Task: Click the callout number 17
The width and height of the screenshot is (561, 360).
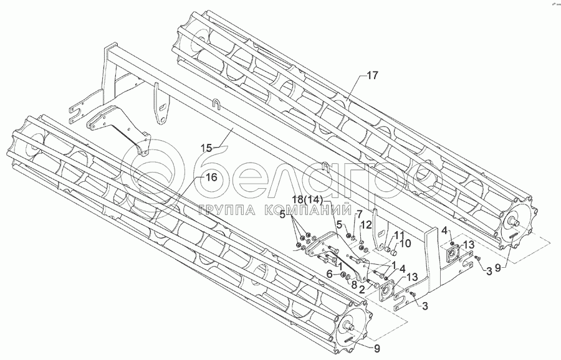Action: [372, 76]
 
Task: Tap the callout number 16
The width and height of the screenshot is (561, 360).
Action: [211, 177]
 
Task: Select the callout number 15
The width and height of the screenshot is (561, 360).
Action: [206, 148]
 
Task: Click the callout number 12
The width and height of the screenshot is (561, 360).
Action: [367, 224]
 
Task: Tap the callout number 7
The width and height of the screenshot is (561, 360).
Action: [358, 214]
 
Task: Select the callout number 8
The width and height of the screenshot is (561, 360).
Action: [353, 287]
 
